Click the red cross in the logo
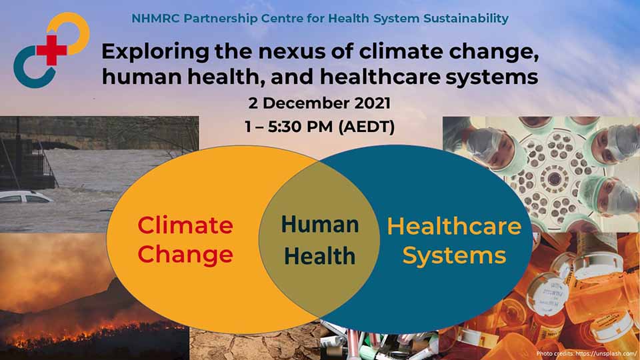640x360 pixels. click(52, 50)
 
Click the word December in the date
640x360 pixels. click(306, 103)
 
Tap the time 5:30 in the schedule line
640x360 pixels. click(285, 127)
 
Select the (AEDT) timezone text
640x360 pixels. click(367, 127)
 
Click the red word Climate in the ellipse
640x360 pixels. click(185, 225)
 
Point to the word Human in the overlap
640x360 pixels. click(320, 225)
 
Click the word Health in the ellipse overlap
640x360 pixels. click(320, 256)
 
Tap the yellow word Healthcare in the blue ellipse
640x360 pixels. click(454, 226)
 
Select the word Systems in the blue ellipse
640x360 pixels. click(454, 256)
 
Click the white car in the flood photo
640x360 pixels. click(25, 197)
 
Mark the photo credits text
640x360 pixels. click(587, 353)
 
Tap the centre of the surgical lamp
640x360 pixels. click(554, 178)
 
